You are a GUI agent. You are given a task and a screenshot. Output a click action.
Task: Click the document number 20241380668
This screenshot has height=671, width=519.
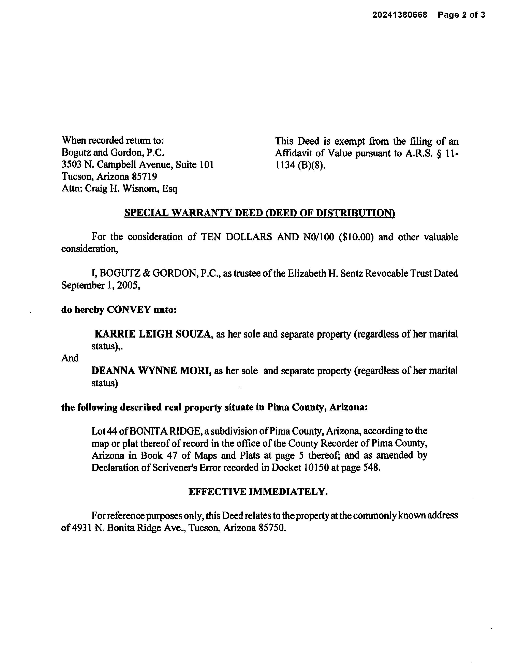400,15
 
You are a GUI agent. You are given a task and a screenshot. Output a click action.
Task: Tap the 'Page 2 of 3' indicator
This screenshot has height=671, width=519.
461,15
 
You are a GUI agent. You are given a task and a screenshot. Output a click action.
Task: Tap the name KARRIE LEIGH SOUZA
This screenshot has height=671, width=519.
152,334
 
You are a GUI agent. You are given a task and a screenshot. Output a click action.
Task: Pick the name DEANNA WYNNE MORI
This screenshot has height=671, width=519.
151,371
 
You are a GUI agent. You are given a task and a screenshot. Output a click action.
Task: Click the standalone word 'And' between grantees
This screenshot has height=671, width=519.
70,358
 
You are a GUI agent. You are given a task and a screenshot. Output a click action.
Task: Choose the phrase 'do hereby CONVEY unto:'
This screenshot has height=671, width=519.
119,310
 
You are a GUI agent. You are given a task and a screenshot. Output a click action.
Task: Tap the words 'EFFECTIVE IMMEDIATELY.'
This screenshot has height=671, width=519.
258,492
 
